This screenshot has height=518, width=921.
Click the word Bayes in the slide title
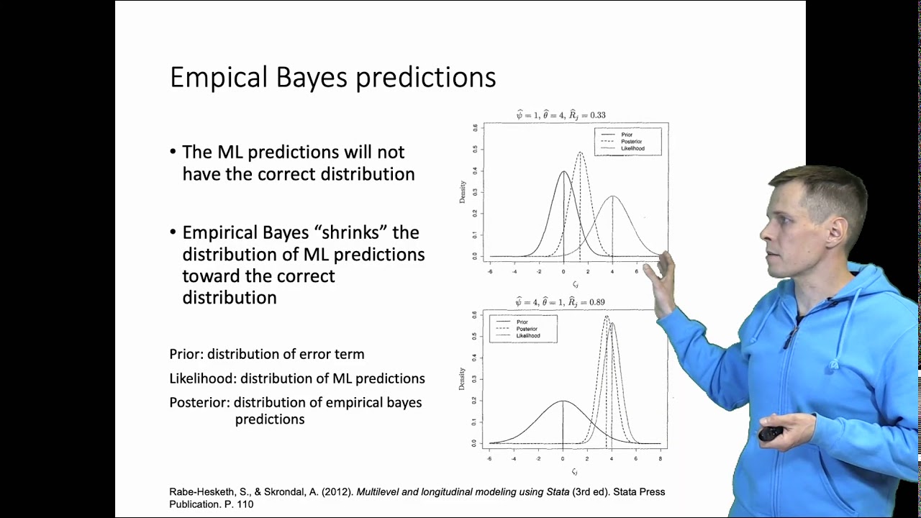[313, 78]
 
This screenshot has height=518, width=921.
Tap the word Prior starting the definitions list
[185, 355]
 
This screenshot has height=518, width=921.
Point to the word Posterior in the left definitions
[198, 403]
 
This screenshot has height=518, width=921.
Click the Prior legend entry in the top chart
[627, 135]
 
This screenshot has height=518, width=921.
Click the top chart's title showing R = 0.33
[561, 115]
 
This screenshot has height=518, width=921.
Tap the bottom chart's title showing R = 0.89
[561, 302]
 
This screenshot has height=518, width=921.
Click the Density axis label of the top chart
[463, 191]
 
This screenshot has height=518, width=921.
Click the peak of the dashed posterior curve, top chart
[580, 153]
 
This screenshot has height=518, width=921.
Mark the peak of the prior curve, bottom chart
[563, 401]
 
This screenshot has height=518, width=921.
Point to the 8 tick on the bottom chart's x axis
[661, 458]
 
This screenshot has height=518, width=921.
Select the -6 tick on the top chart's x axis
[490, 272]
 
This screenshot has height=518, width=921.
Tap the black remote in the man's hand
[770, 435]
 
